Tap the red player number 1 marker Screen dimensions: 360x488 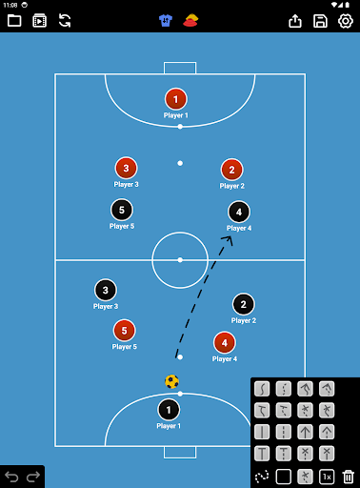click(176, 99)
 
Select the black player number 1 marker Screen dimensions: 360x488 click(169, 410)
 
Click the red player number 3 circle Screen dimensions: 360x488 click(126, 168)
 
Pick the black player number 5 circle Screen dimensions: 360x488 click(122, 210)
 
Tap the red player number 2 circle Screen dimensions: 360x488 click(231, 170)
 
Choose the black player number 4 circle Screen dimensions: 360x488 click(239, 212)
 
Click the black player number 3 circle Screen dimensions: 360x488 click(106, 290)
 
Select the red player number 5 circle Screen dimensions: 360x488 click(124, 331)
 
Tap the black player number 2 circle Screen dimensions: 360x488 click(244, 304)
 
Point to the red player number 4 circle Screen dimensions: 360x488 click(225, 343)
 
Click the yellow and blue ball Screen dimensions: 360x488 click(171, 381)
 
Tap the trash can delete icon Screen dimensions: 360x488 click(349, 477)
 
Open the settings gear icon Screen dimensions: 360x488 click(346, 21)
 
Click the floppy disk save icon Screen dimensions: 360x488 click(320, 21)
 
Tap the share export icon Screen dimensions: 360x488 click(295, 21)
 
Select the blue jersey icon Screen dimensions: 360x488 click(166, 21)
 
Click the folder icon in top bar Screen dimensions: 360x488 click(14, 21)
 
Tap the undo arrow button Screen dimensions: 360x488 click(11, 477)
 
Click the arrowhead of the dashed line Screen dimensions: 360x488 click(228, 240)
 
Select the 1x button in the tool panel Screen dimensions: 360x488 click(327, 477)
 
